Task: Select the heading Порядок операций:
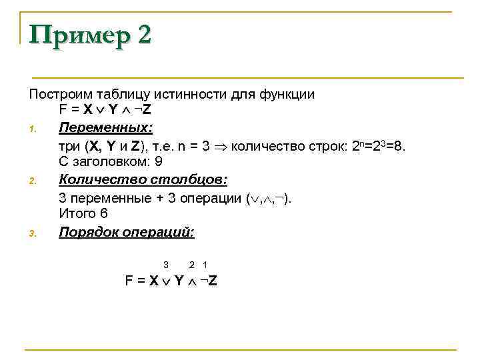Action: pyautogui.click(x=127, y=232)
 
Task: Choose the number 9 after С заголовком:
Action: pyautogui.click(x=159, y=161)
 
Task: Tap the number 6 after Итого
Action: pyautogui.click(x=103, y=214)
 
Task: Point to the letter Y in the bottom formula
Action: pyautogui.click(x=179, y=281)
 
